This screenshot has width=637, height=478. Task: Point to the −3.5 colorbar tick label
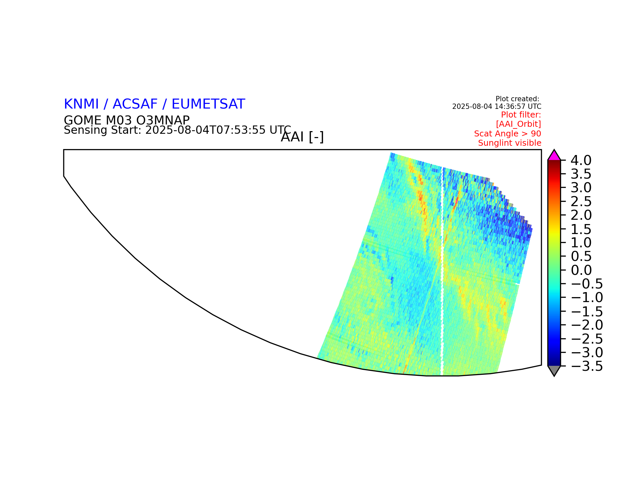[587, 366]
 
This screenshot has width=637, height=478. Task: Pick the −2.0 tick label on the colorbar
[587, 325]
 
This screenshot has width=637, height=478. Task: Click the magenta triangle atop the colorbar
[554, 156]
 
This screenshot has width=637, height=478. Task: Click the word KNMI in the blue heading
[81, 104]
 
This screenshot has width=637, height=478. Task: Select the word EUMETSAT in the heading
[208, 104]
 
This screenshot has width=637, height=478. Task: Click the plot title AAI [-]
[302, 137]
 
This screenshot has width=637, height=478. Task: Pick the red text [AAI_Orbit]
[519, 124]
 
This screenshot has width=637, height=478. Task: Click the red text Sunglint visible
[510, 143]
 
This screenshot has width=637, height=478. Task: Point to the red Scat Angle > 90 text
[508, 134]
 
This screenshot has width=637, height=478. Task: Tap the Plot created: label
[517, 99]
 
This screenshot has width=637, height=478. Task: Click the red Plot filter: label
[521, 115]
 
